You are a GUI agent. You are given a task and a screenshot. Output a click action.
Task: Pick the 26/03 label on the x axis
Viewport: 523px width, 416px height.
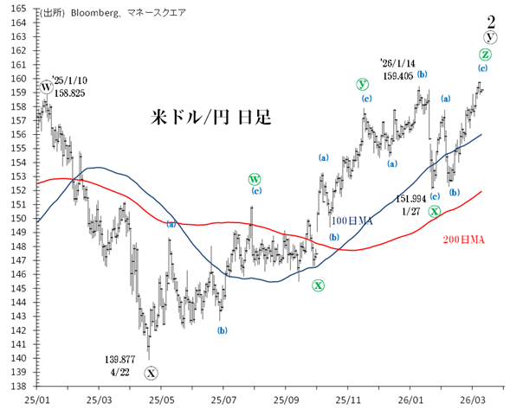[472, 400]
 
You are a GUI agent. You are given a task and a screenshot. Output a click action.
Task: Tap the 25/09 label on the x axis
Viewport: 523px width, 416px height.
[287, 400]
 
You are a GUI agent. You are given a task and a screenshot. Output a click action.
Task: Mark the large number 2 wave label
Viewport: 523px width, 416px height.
[491, 19]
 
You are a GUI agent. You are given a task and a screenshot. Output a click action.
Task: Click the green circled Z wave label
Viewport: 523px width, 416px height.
[485, 54]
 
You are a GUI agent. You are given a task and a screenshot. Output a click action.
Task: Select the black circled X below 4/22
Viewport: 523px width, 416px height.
[152, 373]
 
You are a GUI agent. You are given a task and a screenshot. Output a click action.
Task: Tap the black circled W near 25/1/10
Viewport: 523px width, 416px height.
[45, 86]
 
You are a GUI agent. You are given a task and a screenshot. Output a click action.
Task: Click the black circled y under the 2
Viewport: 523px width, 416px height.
[491, 36]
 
